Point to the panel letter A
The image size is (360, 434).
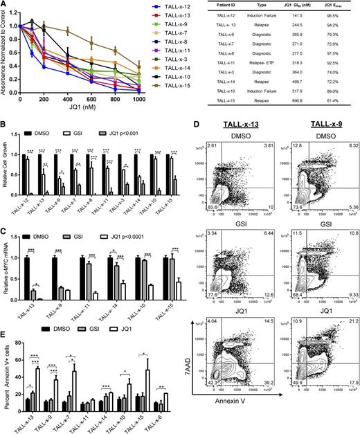coord(4,6)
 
